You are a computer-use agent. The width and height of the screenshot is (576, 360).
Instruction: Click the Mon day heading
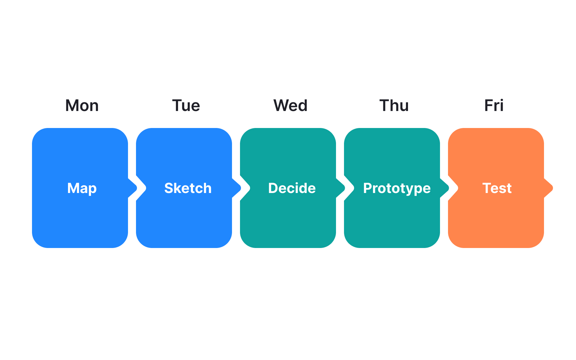(x=82, y=106)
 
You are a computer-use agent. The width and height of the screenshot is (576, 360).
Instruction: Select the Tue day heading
(x=186, y=106)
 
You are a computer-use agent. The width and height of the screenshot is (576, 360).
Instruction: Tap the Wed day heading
(x=290, y=106)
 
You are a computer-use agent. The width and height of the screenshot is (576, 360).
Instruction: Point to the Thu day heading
(x=394, y=106)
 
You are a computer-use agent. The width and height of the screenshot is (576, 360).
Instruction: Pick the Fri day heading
(x=494, y=106)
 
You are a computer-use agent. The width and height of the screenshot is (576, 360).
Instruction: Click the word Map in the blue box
(x=82, y=188)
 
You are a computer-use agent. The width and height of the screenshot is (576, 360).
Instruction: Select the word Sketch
(x=188, y=188)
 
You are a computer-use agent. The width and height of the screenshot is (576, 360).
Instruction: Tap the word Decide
(x=292, y=188)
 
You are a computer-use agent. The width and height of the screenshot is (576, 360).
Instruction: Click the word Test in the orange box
(x=497, y=188)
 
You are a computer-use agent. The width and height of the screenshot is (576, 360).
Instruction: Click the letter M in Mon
(x=72, y=106)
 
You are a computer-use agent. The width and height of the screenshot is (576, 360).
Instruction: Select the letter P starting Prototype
(x=367, y=188)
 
